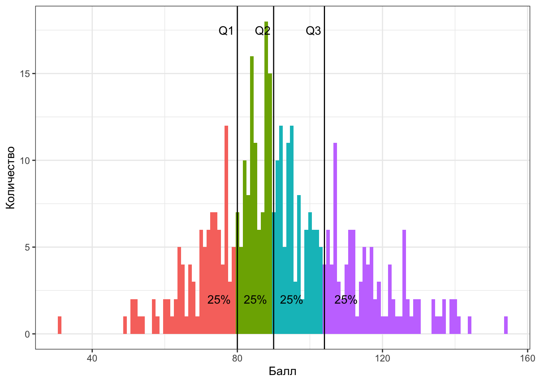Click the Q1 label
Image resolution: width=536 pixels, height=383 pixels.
pos(226,31)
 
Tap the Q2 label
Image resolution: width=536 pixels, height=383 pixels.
pos(262,31)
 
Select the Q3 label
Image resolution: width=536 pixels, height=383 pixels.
pos(313,31)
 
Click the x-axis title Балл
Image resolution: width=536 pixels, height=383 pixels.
pos(282,371)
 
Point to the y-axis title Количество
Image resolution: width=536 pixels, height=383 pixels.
pos(11,178)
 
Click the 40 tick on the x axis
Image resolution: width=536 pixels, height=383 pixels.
pos(92,358)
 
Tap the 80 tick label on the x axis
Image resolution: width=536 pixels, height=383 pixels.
pos(237,358)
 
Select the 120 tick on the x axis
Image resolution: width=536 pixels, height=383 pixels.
pos(382,358)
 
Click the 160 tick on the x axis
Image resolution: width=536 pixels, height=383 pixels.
pos(528,358)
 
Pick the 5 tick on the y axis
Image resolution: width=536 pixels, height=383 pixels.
pos(27,247)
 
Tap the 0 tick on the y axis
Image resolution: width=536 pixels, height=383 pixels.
pos(27,334)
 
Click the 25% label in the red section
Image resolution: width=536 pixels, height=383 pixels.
pos(219,300)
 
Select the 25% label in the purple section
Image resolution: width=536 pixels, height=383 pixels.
pos(345,300)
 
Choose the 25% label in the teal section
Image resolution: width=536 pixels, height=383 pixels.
pos(291,300)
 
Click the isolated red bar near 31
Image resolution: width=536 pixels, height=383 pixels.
pos(60,326)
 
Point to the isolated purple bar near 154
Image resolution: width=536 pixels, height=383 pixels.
pos(506,326)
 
